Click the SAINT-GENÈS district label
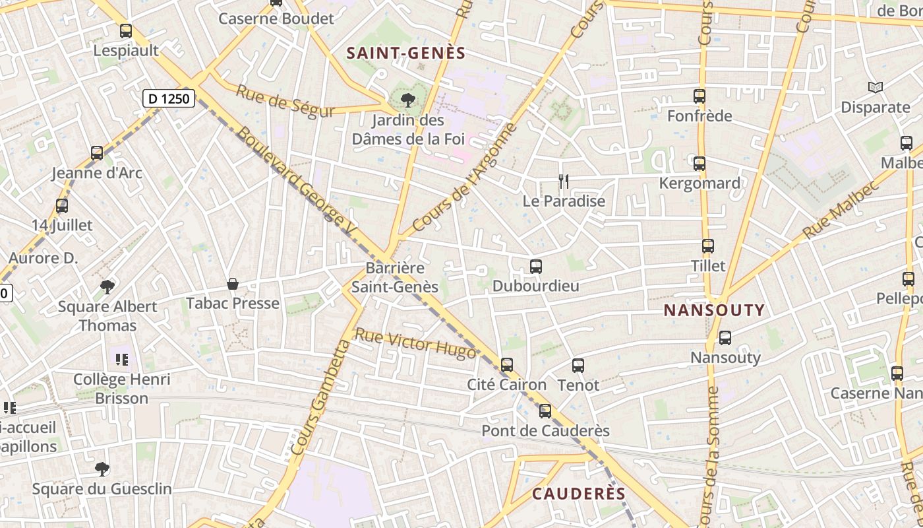(406, 53)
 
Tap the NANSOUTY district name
(714, 310)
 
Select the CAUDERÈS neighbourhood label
(578, 494)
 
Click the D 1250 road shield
(169, 99)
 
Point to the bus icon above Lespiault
(126, 31)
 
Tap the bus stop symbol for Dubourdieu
(536, 267)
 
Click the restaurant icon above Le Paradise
(563, 181)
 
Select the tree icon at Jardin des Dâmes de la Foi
(408, 100)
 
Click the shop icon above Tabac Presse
(233, 284)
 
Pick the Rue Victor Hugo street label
(415, 343)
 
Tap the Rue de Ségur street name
(285, 101)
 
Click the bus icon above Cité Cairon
(507, 365)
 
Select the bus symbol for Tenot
(578, 365)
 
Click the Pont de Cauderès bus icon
(545, 411)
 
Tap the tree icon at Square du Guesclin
(102, 469)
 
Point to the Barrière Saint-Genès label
(395, 277)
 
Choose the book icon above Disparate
(876, 87)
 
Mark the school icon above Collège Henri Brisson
(121, 360)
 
